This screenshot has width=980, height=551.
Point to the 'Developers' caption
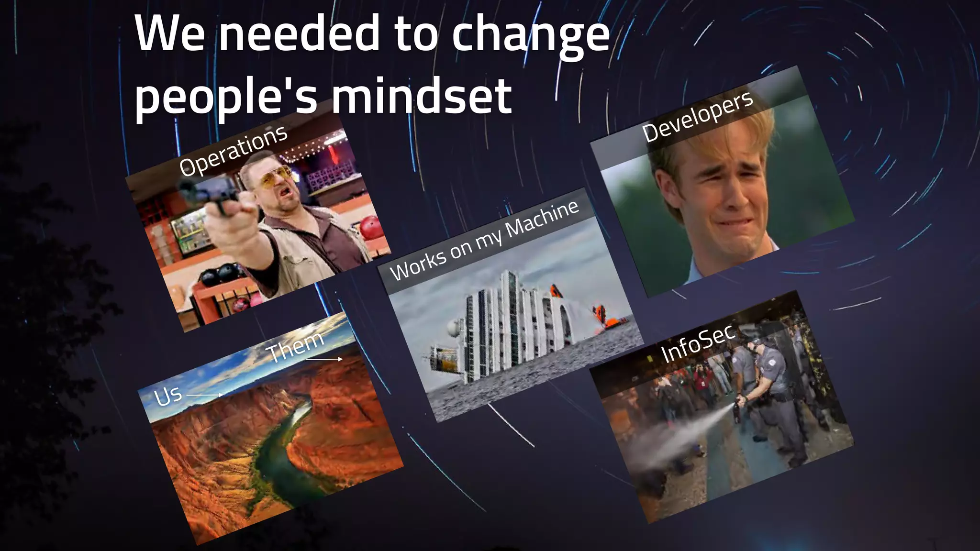[697, 116]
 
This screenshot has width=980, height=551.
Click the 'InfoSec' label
[697, 343]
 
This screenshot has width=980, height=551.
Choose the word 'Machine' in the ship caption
[542, 218]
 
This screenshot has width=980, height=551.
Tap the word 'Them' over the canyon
[295, 345]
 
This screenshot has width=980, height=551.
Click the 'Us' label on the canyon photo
[168, 396]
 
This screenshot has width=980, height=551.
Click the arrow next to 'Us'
[204, 395]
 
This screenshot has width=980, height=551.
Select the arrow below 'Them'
[324, 359]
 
